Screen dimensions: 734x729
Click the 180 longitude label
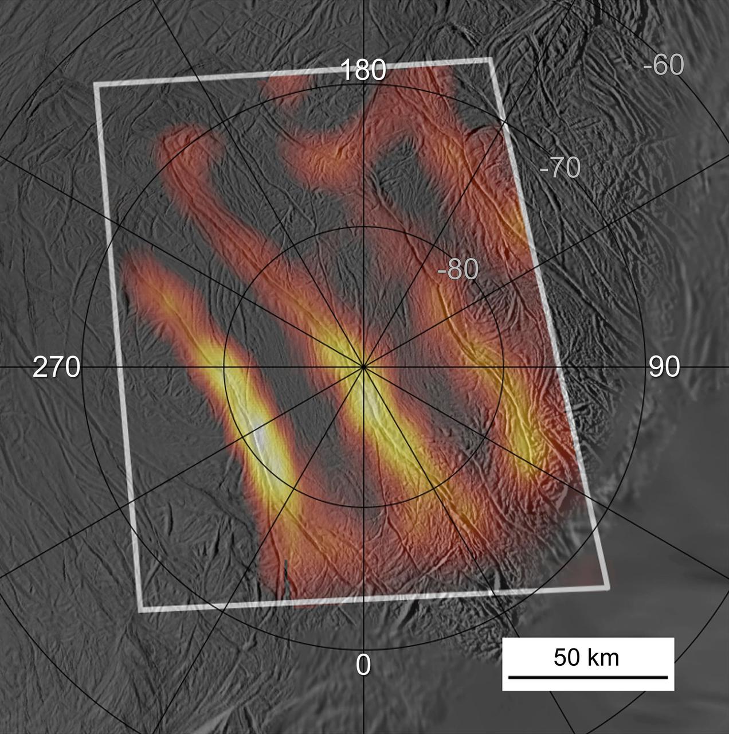click(363, 71)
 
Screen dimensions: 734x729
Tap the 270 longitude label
click(56, 367)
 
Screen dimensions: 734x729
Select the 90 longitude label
click(664, 367)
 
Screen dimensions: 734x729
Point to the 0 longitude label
click(363, 665)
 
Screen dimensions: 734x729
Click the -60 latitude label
click(663, 65)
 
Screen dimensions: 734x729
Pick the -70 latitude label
click(560, 167)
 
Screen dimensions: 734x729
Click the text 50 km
click(586, 657)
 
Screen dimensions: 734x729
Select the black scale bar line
click(588, 677)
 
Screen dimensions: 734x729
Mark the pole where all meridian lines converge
click(363, 367)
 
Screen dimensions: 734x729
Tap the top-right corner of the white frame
click(490, 59)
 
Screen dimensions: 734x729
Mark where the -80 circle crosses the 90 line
click(504, 367)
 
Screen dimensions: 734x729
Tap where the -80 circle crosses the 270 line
click(223, 367)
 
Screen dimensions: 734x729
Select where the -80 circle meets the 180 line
click(363, 227)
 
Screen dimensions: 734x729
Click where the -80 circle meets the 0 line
click(363, 507)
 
